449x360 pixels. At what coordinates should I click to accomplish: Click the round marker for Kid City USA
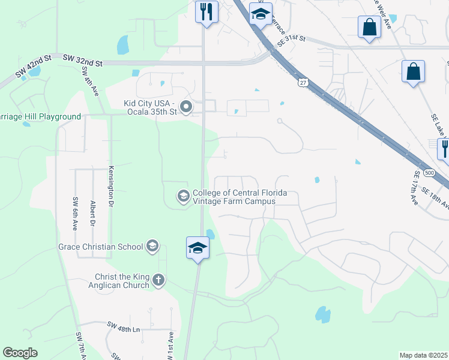(x=186, y=108)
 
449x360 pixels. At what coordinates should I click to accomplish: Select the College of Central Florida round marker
(x=182, y=196)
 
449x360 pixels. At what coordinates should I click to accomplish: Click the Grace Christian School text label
(x=100, y=247)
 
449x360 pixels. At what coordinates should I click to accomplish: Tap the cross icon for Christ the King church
(x=158, y=280)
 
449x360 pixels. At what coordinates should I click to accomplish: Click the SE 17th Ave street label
(x=417, y=186)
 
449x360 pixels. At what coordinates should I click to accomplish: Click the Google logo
(x=20, y=353)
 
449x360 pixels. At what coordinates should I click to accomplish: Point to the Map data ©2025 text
(x=423, y=355)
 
